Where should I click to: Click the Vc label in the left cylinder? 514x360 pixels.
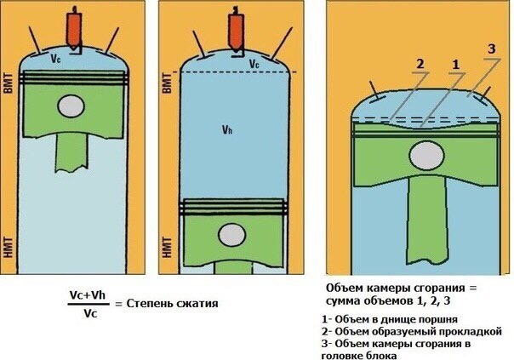pos(56,60)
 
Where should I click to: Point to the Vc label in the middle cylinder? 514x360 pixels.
pos(254,64)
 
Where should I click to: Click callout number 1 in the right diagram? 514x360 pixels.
pos(455,65)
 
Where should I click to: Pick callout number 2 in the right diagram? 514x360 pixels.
pos(420,65)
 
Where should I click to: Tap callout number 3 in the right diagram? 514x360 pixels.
pos(491,49)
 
